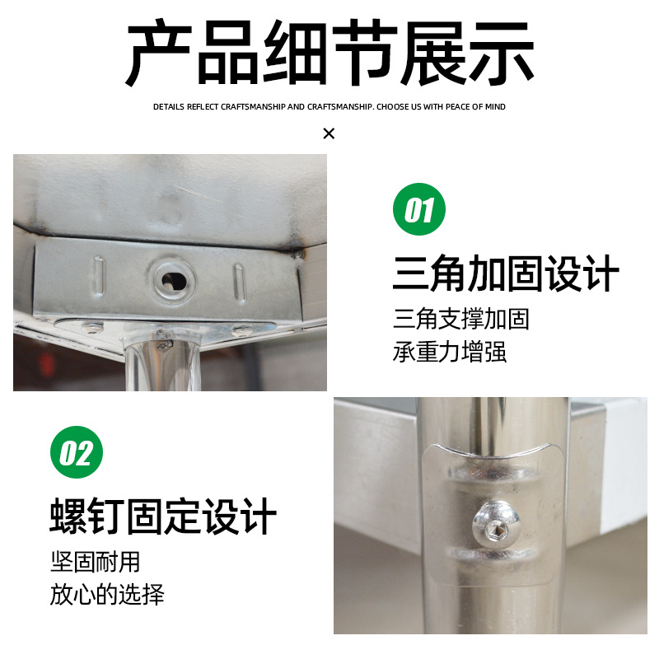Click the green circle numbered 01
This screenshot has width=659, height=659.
[418, 210]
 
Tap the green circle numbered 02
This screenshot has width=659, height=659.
[77, 452]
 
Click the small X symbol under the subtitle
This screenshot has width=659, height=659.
[329, 133]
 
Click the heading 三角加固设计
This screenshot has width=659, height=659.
[505, 273]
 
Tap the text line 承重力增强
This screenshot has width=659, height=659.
[450, 353]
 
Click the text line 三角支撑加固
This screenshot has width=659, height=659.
[461, 319]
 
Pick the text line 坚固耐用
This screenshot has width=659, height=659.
[95, 563]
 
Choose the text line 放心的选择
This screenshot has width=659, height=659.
[107, 595]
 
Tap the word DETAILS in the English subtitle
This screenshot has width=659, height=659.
[169, 107]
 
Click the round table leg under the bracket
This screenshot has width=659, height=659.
[162, 362]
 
